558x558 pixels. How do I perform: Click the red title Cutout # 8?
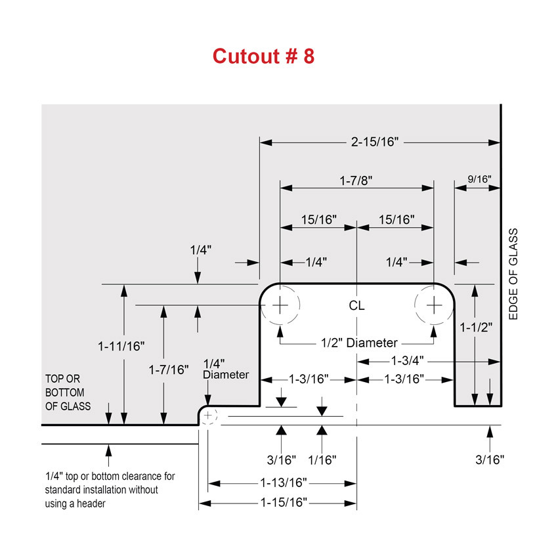(x=264, y=56)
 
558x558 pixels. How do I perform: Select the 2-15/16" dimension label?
(x=375, y=142)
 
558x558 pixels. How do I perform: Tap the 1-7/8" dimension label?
(x=356, y=181)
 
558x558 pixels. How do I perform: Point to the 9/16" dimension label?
(x=479, y=179)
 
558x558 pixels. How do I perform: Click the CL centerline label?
(x=356, y=306)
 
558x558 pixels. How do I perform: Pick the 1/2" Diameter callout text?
(x=359, y=343)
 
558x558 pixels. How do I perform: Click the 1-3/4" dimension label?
(x=408, y=361)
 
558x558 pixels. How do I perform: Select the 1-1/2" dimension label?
(x=476, y=328)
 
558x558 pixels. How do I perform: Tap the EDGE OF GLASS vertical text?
(x=513, y=274)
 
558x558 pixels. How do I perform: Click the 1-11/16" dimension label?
(x=121, y=346)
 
